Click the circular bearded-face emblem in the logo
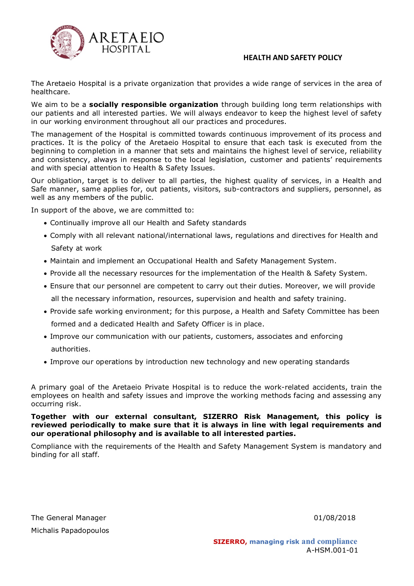pos(67,43)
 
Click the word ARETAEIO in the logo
pos(126,38)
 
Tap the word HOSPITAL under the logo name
pos(126,49)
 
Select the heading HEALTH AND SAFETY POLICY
pos(292,58)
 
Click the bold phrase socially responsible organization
pos(154,105)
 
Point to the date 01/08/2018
pos(335,518)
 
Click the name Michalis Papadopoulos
pos(70,531)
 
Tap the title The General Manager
pos(68,518)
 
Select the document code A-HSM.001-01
pos(332,550)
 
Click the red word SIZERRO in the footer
pos(230,542)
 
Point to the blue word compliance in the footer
pos(337,542)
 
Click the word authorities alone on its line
pos(70,349)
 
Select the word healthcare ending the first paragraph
pos(50,92)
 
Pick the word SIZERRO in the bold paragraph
pos(220,417)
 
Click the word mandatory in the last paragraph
pos(347,446)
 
